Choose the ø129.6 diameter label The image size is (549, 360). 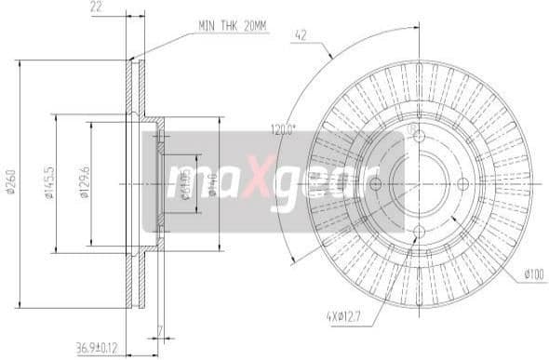point(84,183)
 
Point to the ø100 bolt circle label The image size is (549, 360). point(533,273)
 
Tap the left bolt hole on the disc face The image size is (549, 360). point(375,183)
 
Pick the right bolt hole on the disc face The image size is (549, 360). point(462,183)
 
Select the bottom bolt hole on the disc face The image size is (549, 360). point(418,226)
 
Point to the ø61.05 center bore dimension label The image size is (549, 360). point(184,183)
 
